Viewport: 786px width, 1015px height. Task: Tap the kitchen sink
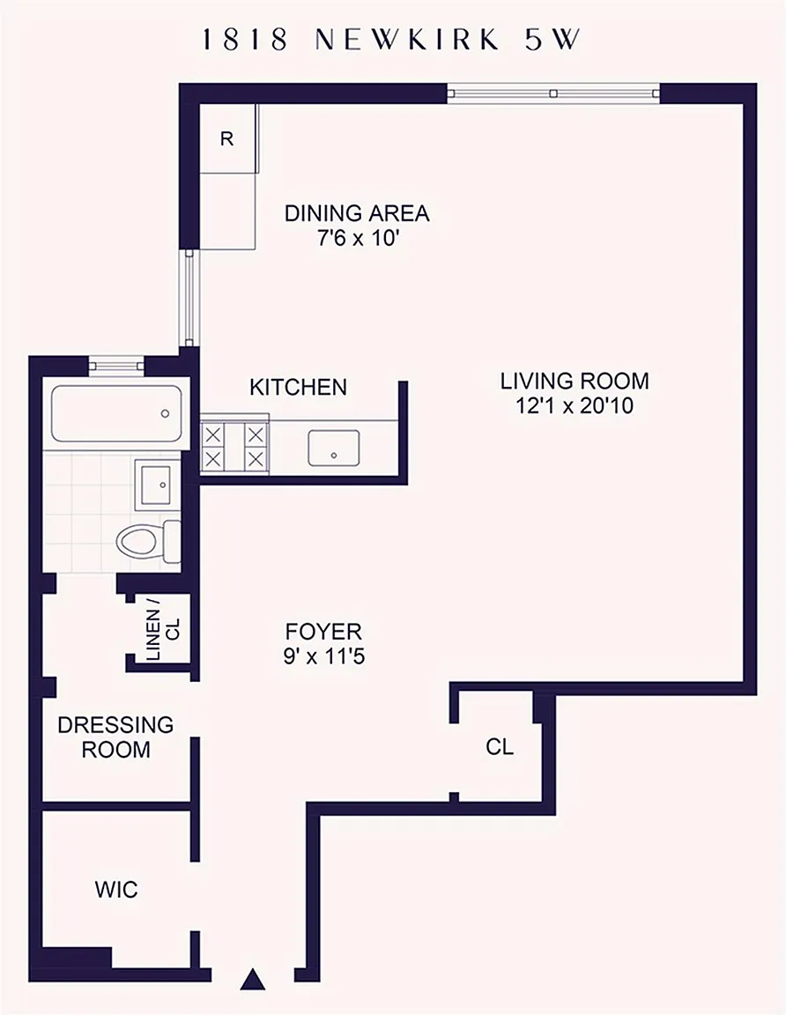(x=333, y=448)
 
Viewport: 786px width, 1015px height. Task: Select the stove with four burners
(x=234, y=447)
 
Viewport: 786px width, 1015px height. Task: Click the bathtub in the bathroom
(x=116, y=413)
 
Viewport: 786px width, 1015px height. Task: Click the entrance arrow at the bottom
(x=253, y=979)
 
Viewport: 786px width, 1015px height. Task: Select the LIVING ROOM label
(x=575, y=381)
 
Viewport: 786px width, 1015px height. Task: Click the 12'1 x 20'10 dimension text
(x=575, y=406)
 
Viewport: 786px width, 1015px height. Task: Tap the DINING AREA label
(x=357, y=213)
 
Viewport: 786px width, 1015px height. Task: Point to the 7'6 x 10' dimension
(x=357, y=238)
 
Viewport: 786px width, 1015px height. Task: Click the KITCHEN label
(x=298, y=387)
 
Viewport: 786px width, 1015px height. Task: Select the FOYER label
(x=323, y=631)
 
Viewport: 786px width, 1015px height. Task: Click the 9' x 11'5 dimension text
(x=323, y=657)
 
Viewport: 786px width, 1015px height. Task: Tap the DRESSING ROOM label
(x=116, y=737)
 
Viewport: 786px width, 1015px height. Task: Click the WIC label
(x=116, y=889)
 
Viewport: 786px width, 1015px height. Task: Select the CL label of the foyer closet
(x=500, y=747)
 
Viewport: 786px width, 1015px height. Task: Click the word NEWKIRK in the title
(x=407, y=41)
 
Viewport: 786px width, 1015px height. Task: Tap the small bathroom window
(x=116, y=365)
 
